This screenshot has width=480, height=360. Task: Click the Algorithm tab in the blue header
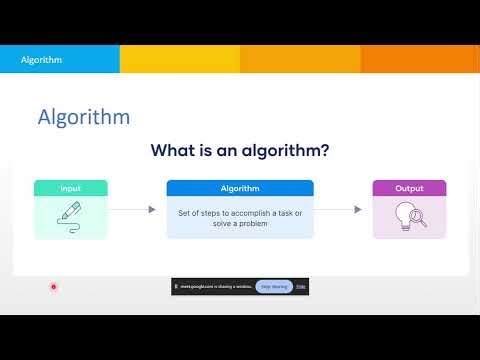[42, 59]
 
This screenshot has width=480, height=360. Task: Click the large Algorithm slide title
[83, 117]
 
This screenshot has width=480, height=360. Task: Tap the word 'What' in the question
[176, 151]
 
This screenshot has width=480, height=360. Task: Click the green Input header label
[70, 188]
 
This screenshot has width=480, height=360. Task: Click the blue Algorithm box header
[240, 188]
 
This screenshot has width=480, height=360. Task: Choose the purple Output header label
[409, 188]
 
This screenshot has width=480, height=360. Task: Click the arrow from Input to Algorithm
[132, 210]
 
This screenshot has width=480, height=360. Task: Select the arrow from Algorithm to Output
[340, 210]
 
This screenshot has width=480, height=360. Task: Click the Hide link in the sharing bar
[301, 286]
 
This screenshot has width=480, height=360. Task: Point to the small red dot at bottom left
[54, 286]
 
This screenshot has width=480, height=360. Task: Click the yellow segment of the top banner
[180, 59]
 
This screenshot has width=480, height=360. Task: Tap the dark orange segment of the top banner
[420, 59]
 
